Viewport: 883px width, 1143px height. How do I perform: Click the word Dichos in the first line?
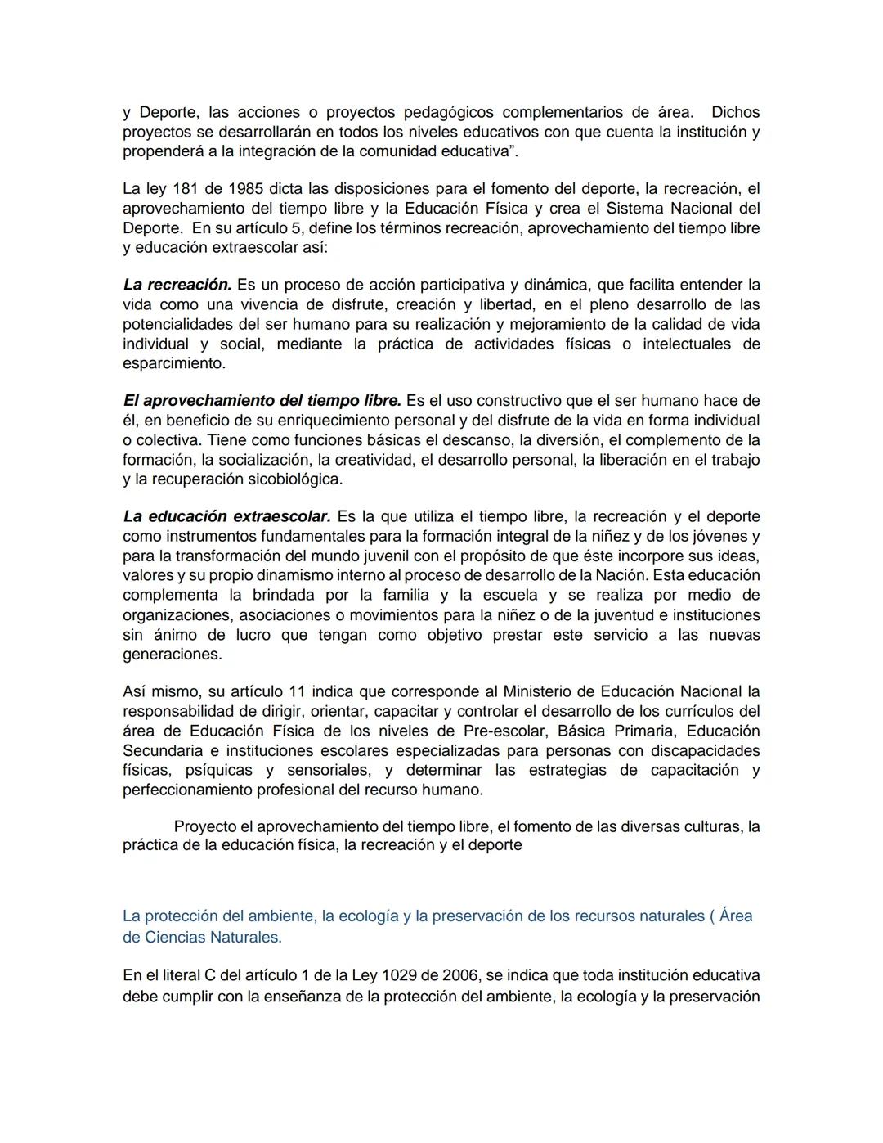point(735,112)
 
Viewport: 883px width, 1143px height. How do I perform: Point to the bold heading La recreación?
point(177,286)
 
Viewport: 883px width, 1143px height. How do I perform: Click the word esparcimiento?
point(173,363)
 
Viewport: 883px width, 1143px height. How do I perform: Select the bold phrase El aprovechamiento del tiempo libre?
point(262,401)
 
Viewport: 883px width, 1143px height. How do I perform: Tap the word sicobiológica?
point(294,479)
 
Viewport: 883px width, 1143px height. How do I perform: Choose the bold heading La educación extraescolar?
point(226,517)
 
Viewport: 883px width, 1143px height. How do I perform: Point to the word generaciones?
point(172,655)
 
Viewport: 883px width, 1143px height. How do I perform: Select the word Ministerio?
point(549,692)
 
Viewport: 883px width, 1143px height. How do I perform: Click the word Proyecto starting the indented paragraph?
point(207,826)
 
